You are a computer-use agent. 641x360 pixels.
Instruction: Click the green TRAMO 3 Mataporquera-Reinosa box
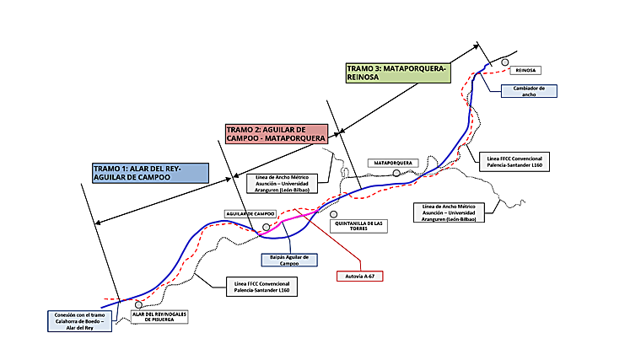click(398, 72)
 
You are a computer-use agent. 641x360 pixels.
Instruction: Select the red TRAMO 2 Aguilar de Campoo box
click(275, 133)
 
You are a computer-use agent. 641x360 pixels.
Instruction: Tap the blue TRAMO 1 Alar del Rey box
click(149, 173)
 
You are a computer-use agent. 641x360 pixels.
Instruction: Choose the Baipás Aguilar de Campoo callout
click(283, 261)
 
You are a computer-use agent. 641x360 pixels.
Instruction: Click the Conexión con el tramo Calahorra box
click(81, 321)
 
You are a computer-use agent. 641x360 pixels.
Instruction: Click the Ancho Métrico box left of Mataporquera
click(287, 183)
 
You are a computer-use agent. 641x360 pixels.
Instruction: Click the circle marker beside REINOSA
click(504, 62)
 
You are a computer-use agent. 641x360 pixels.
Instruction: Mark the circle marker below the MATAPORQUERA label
click(396, 173)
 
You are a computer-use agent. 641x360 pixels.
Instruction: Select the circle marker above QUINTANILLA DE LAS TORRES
click(334, 214)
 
